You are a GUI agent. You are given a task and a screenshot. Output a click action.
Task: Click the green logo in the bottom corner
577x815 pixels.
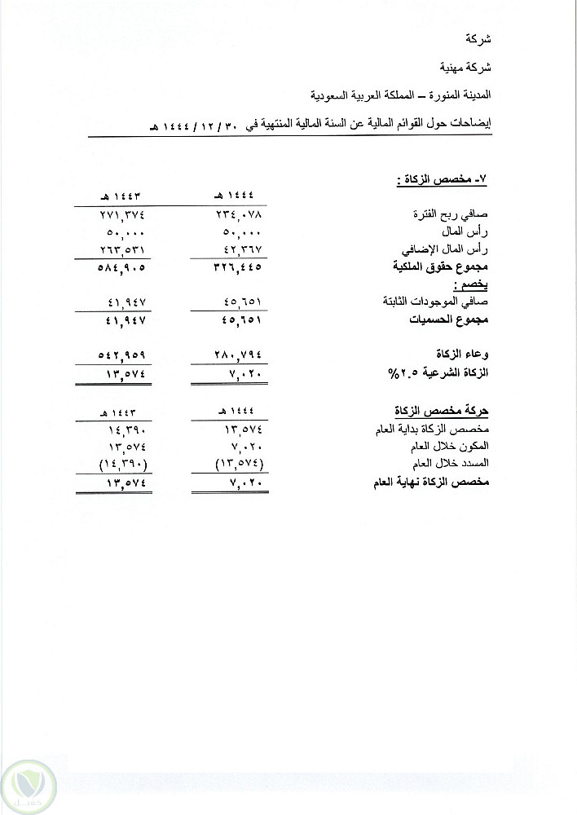29,786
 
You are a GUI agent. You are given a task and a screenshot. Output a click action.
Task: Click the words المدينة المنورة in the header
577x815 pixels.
465,95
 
